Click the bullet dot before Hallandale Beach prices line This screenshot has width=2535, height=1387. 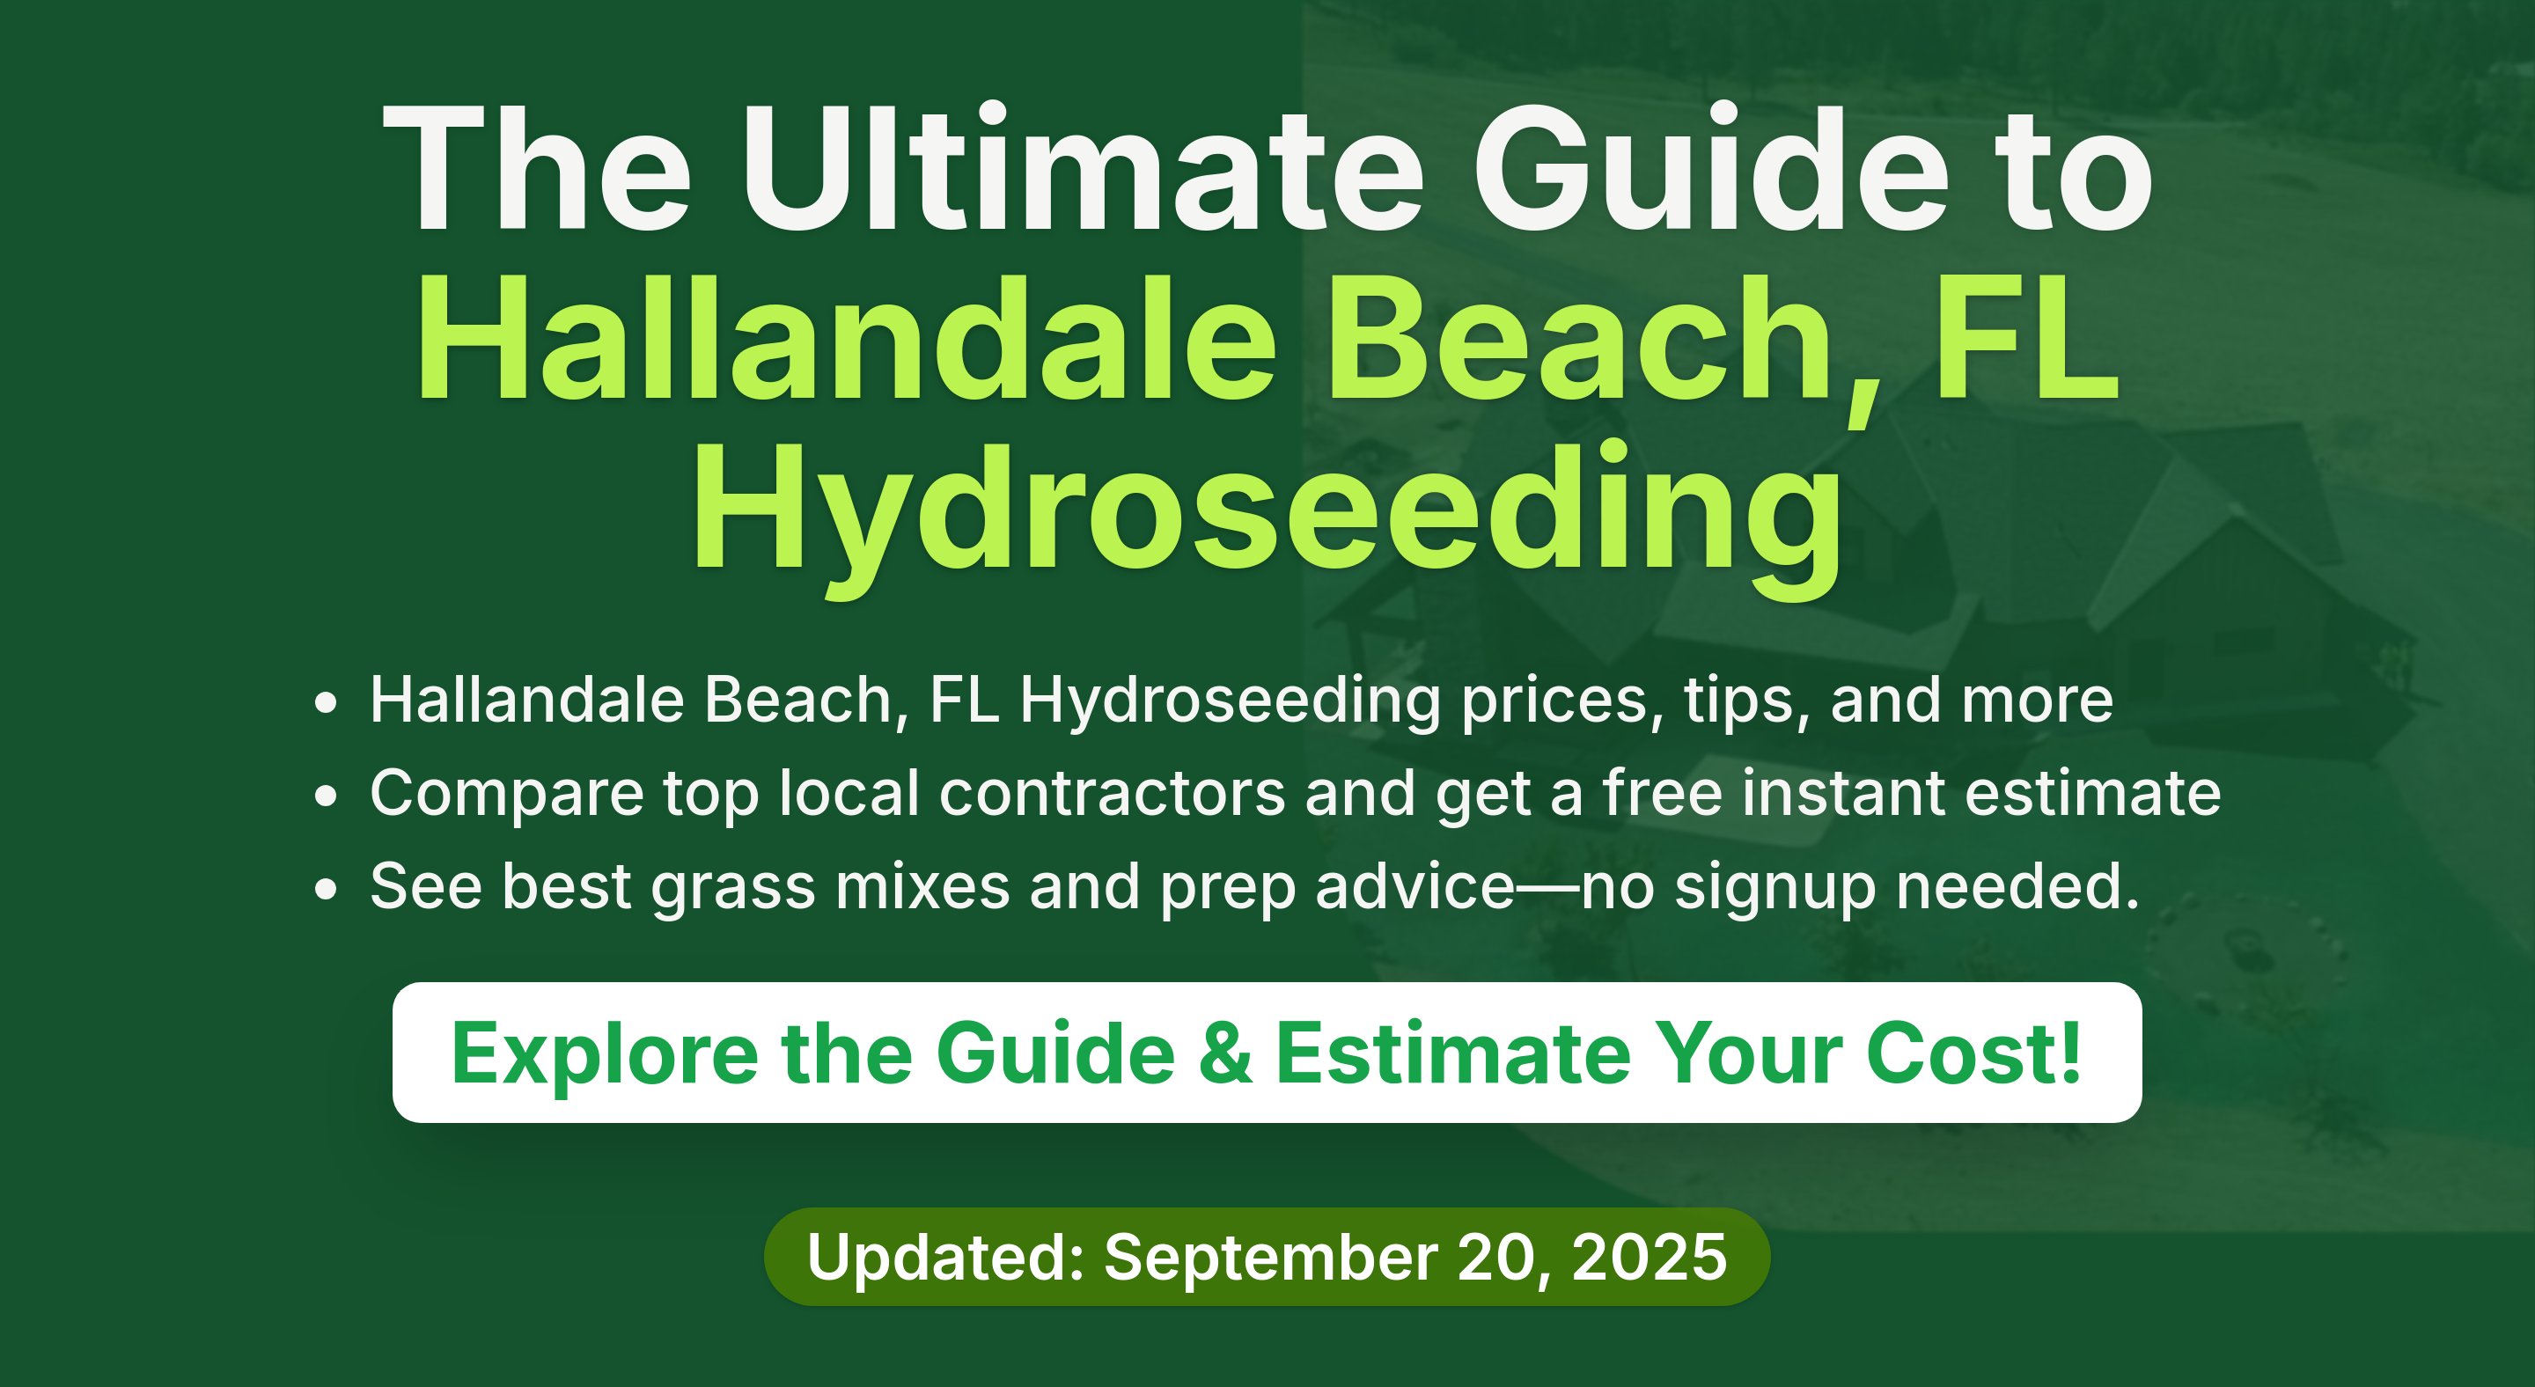point(326,704)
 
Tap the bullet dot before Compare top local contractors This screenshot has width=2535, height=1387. point(326,796)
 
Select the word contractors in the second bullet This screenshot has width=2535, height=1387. point(1112,793)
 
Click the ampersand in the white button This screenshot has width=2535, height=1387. point(1225,1053)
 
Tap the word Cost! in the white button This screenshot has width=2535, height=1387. point(1974,1053)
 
